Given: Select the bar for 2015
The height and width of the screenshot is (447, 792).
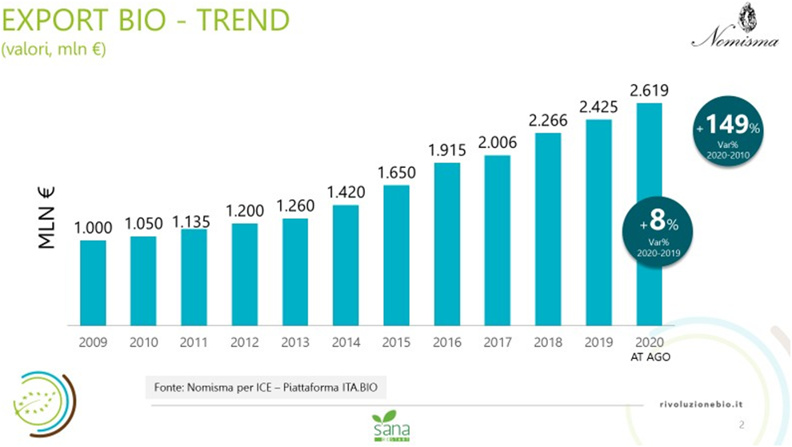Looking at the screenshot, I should click(396, 255).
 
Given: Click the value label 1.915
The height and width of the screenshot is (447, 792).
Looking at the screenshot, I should click(446, 150).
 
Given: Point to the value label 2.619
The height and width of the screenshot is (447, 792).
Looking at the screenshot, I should click(649, 90).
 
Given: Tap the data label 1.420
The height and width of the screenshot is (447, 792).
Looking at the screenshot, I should click(346, 192).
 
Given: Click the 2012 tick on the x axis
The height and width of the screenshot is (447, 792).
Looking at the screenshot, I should click(245, 341).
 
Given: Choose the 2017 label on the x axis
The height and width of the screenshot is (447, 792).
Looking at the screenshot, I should click(498, 341).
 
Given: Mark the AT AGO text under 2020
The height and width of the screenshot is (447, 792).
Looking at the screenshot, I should click(650, 357).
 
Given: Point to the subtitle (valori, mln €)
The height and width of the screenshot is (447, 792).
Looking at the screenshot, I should click(54, 50).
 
